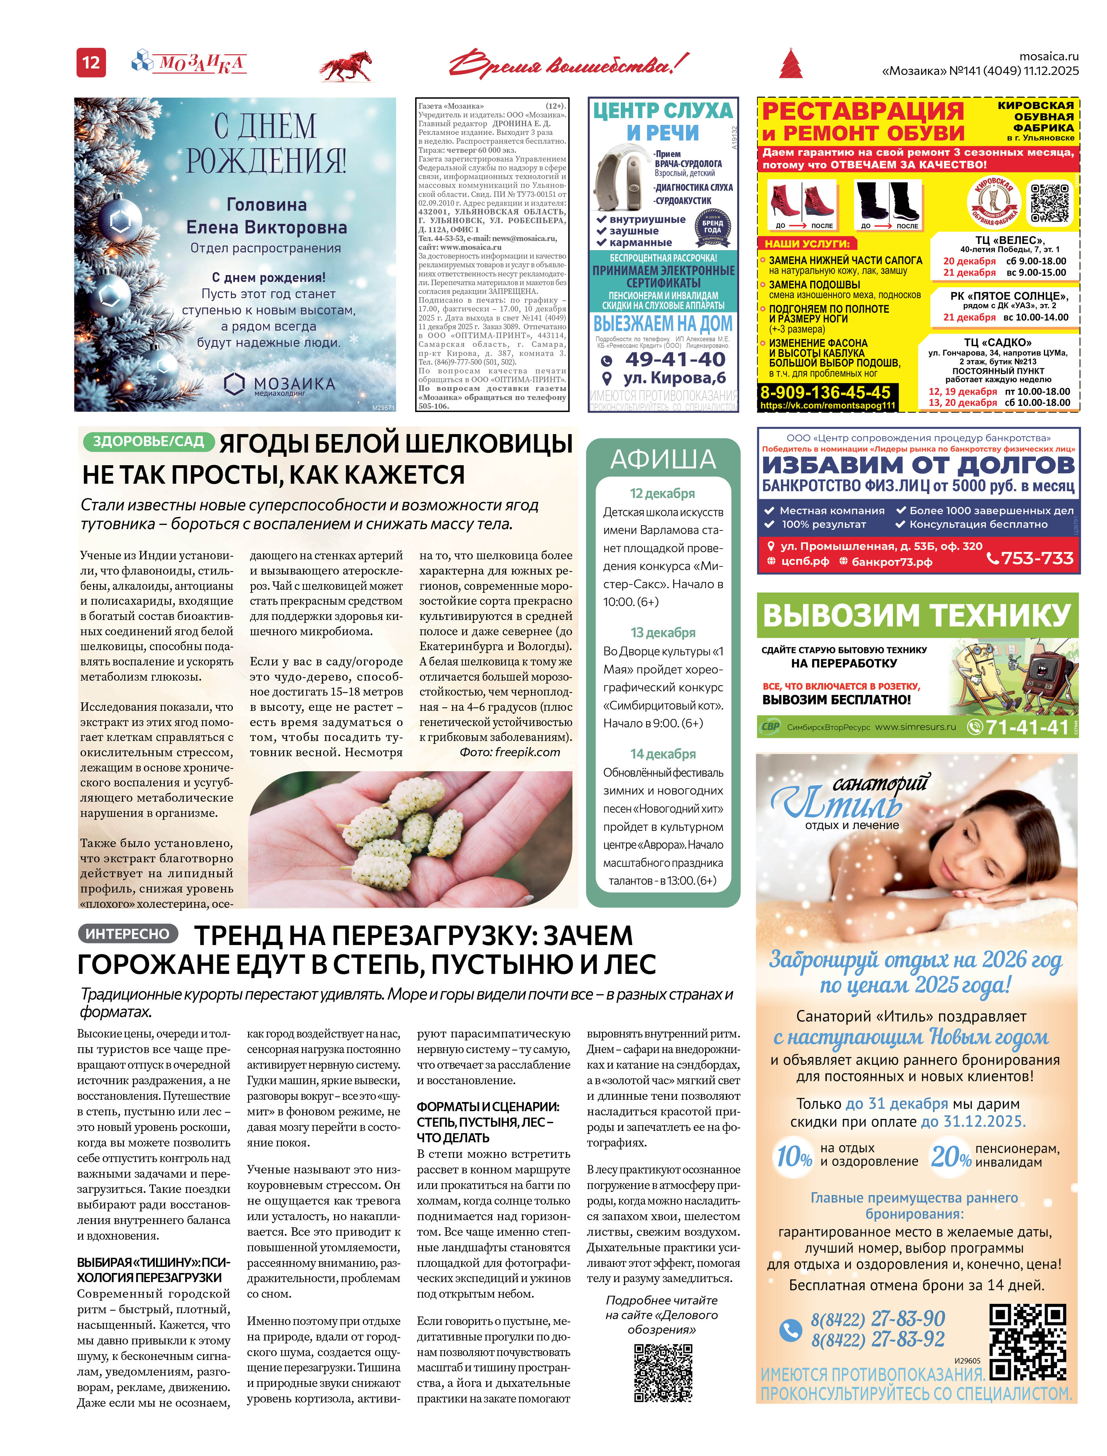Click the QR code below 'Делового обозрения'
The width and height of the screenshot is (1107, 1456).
coord(663,1373)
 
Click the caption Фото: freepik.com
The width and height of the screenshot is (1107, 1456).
coord(509,752)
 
